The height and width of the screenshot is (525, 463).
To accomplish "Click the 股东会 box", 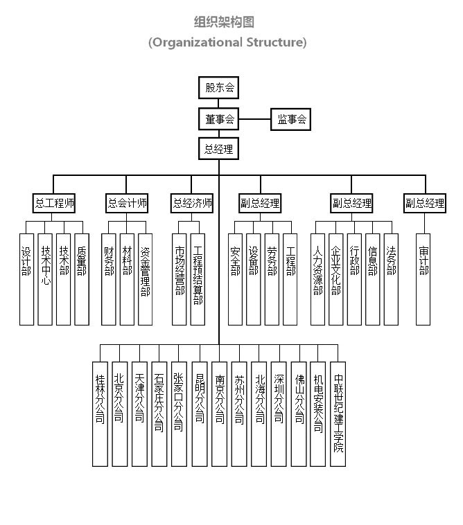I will pyautogui.click(x=218, y=88).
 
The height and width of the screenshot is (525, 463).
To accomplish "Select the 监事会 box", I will pyautogui.click(x=291, y=119).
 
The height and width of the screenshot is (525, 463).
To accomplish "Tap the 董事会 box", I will pyautogui.click(x=218, y=119).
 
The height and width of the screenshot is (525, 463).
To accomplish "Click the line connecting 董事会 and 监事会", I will pyautogui.click(x=254, y=119).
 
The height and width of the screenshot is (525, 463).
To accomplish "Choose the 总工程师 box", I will pyautogui.click(x=54, y=204).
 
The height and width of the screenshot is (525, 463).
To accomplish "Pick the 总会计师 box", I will pyautogui.click(x=127, y=204).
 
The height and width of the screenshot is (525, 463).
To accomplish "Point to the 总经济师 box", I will pyautogui.click(x=192, y=204).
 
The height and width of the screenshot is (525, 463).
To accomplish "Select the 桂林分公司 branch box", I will pyautogui.click(x=100, y=413).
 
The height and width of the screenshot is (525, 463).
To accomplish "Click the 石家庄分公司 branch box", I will pyautogui.click(x=159, y=413).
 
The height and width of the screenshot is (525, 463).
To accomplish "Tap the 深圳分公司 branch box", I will pyautogui.click(x=279, y=413).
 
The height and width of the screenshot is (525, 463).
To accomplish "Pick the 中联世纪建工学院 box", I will pyautogui.click(x=338, y=413).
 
